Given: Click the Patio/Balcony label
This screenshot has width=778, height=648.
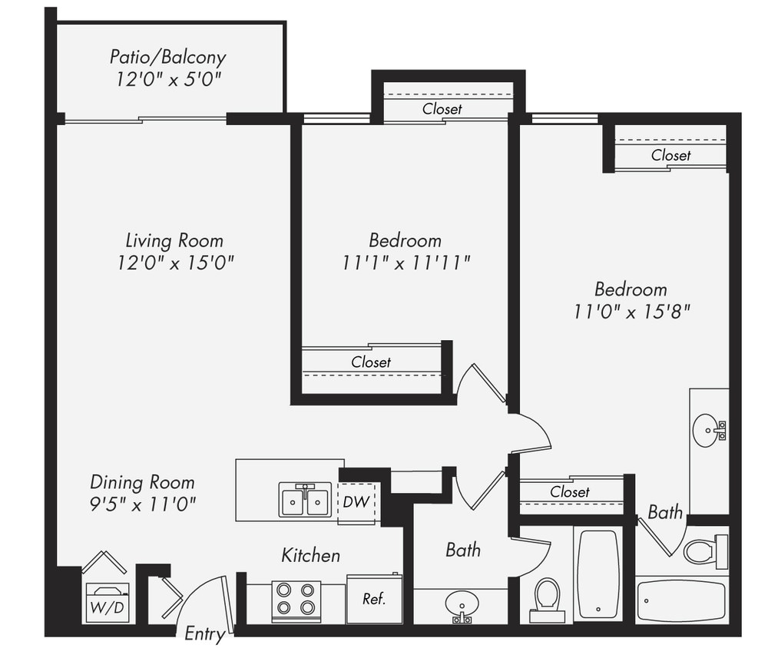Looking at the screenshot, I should (167, 57).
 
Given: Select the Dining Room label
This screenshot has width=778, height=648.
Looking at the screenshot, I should (142, 482).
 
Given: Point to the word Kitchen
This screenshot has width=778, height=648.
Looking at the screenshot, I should (310, 554).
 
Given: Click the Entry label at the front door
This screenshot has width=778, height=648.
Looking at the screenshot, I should (205, 634).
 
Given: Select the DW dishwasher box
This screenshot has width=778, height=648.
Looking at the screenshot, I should (357, 503).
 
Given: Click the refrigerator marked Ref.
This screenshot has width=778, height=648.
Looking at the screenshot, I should (374, 599).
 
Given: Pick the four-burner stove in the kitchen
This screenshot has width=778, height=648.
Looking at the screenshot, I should (296, 599).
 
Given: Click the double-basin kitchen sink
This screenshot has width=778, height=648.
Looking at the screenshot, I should (305, 501).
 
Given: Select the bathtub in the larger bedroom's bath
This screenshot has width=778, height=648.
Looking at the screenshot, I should (680, 600).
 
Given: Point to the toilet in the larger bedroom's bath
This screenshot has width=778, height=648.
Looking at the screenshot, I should (702, 550).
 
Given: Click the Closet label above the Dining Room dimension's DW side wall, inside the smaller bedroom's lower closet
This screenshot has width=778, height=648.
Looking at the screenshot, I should (371, 362).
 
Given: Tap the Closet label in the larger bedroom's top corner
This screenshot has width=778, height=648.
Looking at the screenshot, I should (670, 155).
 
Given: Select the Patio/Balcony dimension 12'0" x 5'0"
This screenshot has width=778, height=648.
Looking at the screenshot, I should (169, 79).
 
